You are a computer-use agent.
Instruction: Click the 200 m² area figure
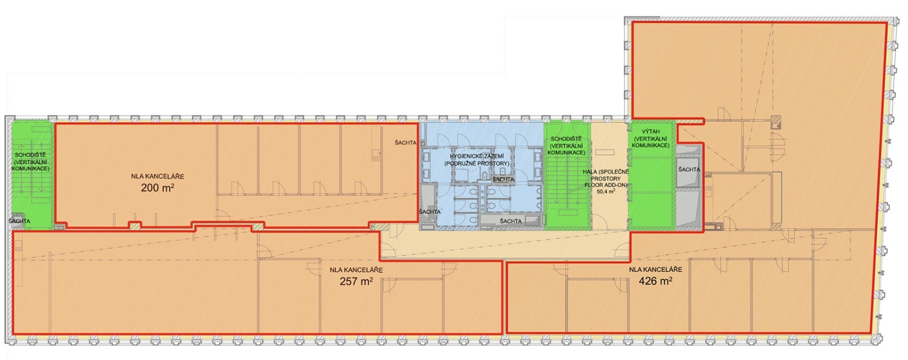pyautogui.click(x=157, y=188)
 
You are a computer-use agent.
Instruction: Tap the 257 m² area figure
pyautogui.click(x=357, y=281)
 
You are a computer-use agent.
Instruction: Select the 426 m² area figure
pyautogui.click(x=655, y=280)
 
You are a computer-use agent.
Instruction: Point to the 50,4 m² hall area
pyautogui.click(x=606, y=192)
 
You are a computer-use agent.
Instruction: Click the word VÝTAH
pyautogui.click(x=651, y=131)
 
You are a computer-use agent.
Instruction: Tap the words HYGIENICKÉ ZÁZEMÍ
pyautogui.click(x=477, y=156)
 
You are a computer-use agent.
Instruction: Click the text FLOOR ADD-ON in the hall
pyautogui.click(x=606, y=185)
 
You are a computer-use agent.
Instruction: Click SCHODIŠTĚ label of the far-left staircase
pyautogui.click(x=30, y=155)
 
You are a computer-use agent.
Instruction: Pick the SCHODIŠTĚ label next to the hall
pyautogui.click(x=567, y=139)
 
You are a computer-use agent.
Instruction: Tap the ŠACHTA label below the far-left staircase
pyautogui.click(x=19, y=221)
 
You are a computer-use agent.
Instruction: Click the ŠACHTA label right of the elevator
pyautogui.click(x=689, y=169)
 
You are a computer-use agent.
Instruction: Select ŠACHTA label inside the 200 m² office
pyautogui.click(x=406, y=142)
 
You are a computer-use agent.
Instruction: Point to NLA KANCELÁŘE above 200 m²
pyautogui.click(x=157, y=177)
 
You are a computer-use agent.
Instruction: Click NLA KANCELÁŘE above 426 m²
pyautogui.click(x=655, y=270)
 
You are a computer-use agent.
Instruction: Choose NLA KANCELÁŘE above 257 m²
pyautogui.click(x=357, y=270)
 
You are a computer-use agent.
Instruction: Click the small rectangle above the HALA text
pyautogui.click(x=605, y=152)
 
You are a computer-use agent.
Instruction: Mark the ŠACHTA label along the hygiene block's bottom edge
pyautogui.click(x=511, y=221)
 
